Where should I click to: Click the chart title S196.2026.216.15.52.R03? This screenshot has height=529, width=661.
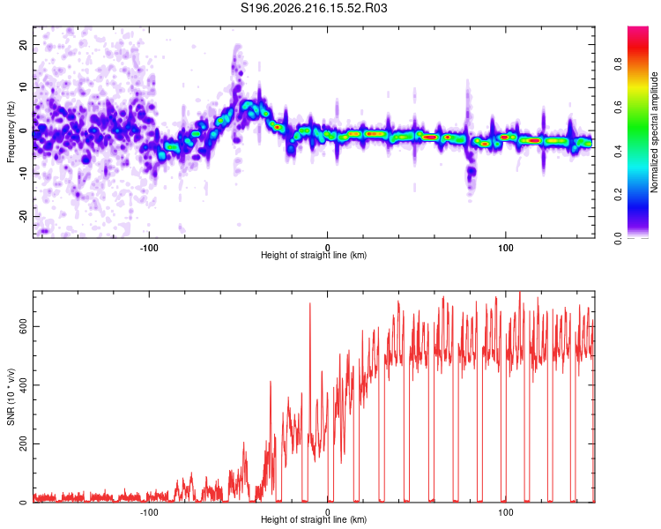click(x=314, y=8)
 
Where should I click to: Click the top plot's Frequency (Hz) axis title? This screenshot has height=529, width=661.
click(x=11, y=132)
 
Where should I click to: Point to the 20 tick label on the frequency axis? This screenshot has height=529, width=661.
click(x=23, y=44)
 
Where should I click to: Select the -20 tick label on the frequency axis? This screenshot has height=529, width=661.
click(x=23, y=216)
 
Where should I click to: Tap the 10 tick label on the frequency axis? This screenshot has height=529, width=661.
click(x=23, y=87)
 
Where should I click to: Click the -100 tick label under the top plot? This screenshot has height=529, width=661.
click(x=149, y=248)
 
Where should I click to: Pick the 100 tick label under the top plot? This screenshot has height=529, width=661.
click(x=506, y=248)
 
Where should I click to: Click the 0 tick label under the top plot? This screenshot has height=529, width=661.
click(x=327, y=248)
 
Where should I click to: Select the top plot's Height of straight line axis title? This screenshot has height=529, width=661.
click(x=314, y=255)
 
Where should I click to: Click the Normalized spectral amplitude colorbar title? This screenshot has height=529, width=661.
click(x=654, y=132)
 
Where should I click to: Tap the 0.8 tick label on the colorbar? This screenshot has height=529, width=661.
click(x=618, y=64)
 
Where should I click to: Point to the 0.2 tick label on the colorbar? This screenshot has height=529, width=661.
click(x=618, y=195)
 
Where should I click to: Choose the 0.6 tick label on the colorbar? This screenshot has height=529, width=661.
click(x=618, y=108)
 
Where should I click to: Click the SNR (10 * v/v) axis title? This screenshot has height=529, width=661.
click(x=11, y=397)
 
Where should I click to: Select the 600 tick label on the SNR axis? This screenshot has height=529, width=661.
click(x=23, y=326)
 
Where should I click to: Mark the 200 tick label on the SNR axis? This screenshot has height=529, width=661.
click(x=23, y=443)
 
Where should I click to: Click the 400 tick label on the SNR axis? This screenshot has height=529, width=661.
click(x=23, y=385)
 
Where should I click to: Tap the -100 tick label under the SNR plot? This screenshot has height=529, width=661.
click(x=149, y=512)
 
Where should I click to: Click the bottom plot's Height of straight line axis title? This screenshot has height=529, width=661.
click(x=314, y=519)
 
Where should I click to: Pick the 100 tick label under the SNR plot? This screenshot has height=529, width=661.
click(x=506, y=512)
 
